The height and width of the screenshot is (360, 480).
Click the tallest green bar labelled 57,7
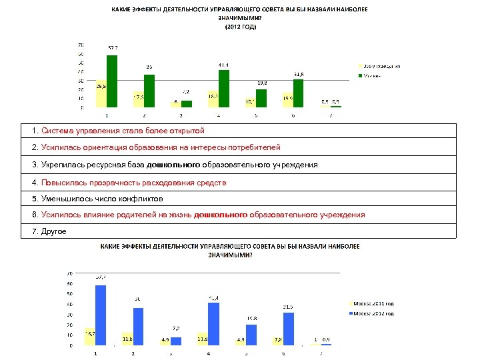tap(112, 81)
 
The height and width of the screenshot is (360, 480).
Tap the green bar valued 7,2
tap(187, 103)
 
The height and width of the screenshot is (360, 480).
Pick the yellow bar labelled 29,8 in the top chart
tap(101, 94)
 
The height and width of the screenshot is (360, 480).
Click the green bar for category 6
tap(298, 93)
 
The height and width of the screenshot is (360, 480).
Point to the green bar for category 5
tap(261, 98)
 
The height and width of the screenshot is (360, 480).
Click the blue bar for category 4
tap(213, 324)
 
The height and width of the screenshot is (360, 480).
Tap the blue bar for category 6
tap(288, 329)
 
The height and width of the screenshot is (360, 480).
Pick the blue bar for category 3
tap(176, 341)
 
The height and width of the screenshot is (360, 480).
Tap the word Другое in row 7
tap(53, 231)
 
